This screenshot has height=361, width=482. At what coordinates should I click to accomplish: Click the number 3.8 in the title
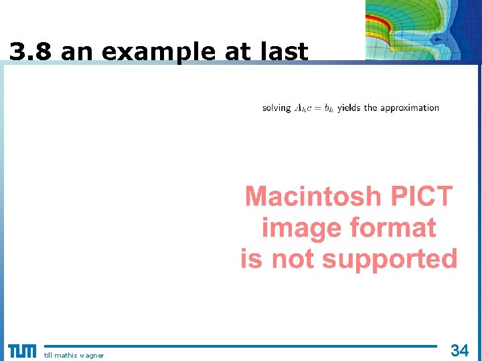pyautogui.click(x=30, y=51)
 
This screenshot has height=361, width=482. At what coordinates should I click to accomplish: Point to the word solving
pyautogui.click(x=276, y=108)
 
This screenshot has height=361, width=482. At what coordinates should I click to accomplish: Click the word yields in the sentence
pyautogui.click(x=349, y=108)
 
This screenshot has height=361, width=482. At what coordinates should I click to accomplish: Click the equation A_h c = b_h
pyautogui.click(x=314, y=108)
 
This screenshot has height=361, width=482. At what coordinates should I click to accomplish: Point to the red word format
pyautogui.click(x=391, y=229)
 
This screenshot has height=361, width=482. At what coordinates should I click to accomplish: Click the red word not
pyautogui.click(x=294, y=259)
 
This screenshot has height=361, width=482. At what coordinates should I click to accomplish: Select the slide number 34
pyautogui.click(x=460, y=350)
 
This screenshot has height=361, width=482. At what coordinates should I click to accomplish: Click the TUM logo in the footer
pyautogui.click(x=22, y=351)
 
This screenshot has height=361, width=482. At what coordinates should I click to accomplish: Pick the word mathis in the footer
pyautogui.click(x=66, y=355)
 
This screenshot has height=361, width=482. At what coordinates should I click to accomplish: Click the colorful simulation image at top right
pyautogui.click(x=423, y=30)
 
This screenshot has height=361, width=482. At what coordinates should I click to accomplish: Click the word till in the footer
pyautogui.click(x=48, y=355)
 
